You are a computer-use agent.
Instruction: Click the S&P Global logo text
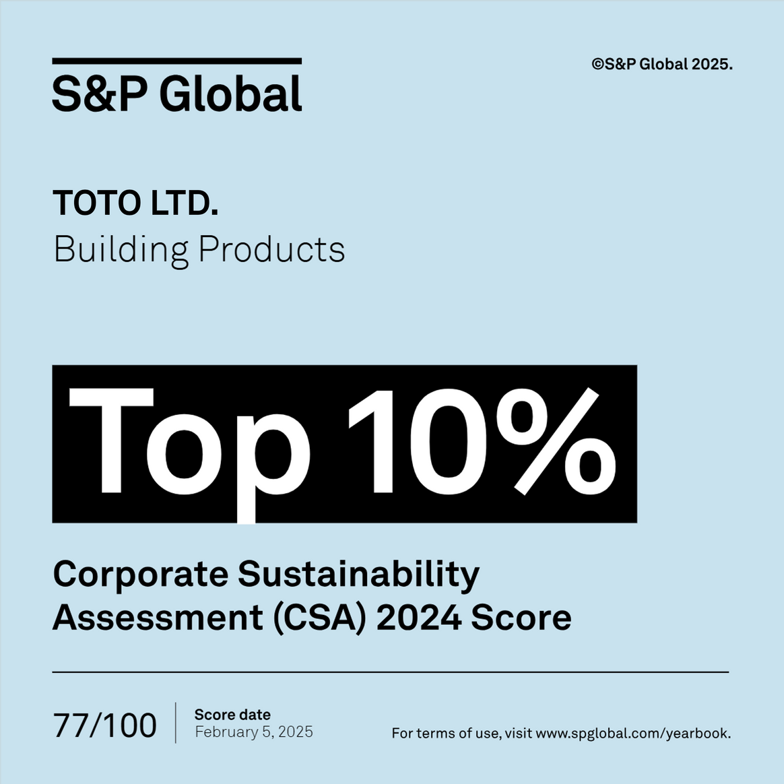coord(176,94)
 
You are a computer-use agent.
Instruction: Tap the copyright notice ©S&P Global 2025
coord(662,65)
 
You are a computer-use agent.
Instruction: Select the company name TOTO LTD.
coord(135,203)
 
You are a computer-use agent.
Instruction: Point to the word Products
coord(271,249)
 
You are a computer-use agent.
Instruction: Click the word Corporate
coord(141,575)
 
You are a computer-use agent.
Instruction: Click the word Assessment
coord(158,617)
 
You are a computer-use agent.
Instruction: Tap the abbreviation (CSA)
coord(320,618)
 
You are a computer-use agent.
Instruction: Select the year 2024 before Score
coord(418,617)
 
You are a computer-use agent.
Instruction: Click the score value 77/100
coord(105,725)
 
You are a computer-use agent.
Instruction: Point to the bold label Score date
coord(232,715)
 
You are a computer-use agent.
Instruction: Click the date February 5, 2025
coord(254,732)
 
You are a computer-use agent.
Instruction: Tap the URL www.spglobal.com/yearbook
coord(633,733)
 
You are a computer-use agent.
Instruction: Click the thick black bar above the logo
coord(176,61)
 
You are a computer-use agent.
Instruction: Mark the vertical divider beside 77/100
coord(176,723)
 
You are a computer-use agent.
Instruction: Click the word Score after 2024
coord(521,617)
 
